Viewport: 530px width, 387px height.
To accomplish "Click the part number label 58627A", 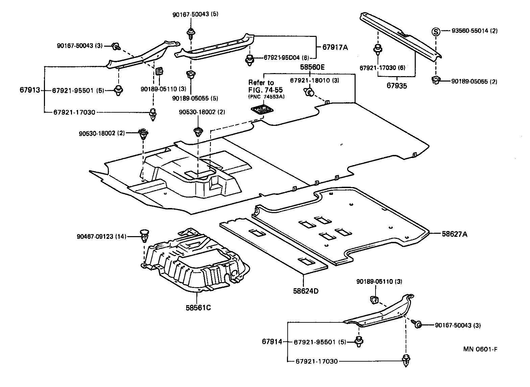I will click(x=454, y=233).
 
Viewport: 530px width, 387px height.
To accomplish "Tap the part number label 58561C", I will click(x=198, y=308).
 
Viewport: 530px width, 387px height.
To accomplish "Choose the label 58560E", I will click(x=312, y=67).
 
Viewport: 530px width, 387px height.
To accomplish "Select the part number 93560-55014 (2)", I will click(x=475, y=31).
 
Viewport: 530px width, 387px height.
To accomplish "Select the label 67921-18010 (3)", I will click(x=314, y=80).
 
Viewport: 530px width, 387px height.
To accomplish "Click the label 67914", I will click(x=271, y=342).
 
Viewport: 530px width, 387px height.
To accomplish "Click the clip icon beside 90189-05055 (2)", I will click(x=436, y=81).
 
